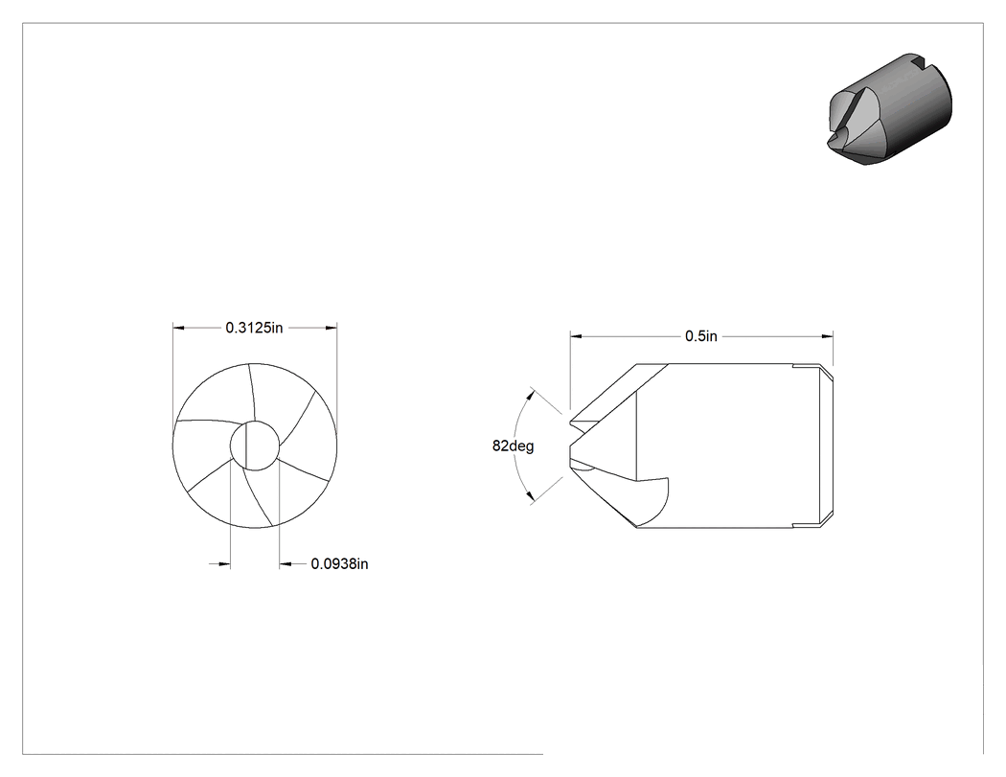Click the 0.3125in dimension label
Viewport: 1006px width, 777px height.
click(x=254, y=328)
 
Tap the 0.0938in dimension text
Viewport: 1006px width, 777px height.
click(x=339, y=564)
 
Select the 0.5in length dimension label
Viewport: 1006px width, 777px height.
click(x=701, y=336)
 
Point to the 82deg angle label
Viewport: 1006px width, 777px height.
click(x=514, y=446)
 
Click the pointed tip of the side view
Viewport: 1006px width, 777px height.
click(x=569, y=446)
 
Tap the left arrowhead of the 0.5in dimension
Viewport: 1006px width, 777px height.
click(x=576, y=336)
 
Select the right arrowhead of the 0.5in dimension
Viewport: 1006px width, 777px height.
click(x=828, y=336)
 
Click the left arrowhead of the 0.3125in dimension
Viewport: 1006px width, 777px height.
click(x=179, y=328)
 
